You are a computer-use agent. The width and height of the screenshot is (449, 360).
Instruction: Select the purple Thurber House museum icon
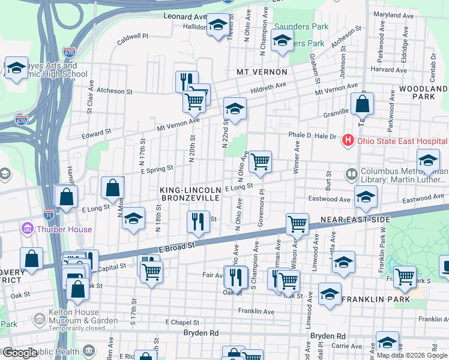[27, 229]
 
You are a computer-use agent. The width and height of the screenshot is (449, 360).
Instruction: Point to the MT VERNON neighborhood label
[262, 72]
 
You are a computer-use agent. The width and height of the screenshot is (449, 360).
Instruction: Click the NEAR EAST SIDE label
[355, 220]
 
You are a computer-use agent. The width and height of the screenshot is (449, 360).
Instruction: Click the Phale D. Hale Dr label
[312, 136]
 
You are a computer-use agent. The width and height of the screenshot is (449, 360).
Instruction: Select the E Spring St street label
[157, 170]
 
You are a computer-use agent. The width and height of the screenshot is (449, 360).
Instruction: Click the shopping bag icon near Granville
[362, 104]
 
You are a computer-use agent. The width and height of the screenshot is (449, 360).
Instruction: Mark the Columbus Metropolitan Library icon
[352, 175]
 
